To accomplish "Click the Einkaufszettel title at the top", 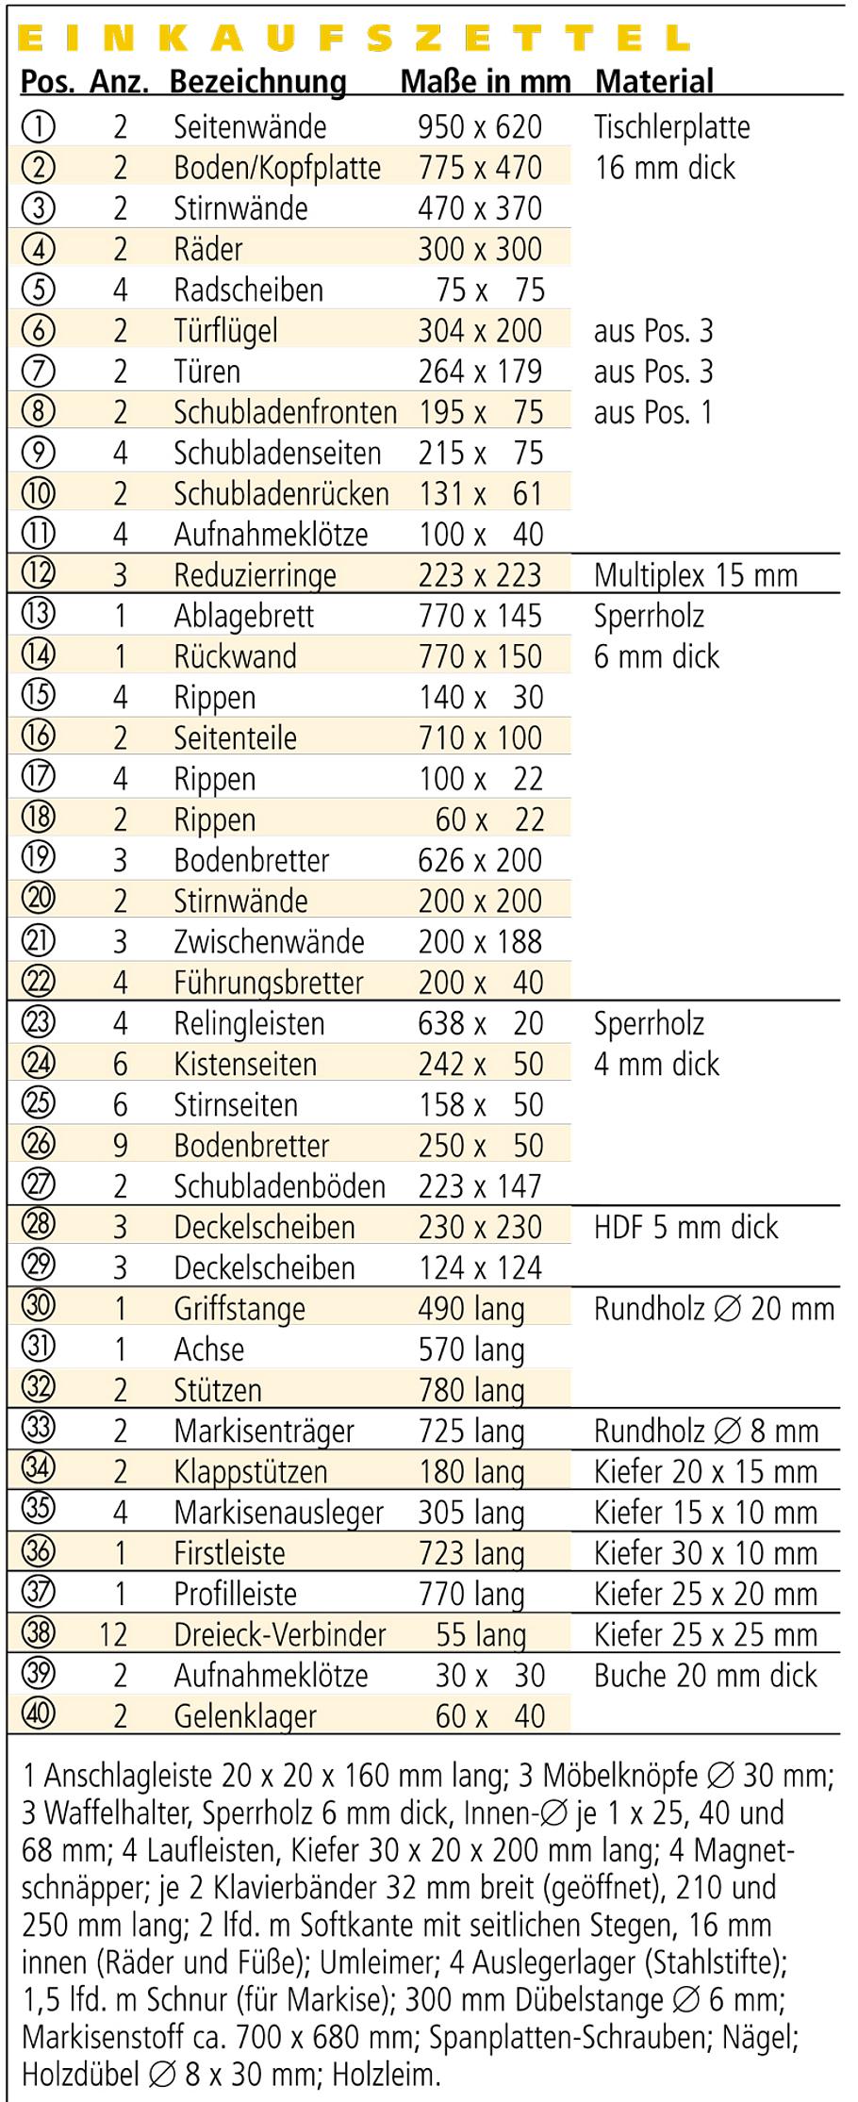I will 354,38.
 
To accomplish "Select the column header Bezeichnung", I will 257,82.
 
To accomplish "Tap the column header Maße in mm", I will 485,82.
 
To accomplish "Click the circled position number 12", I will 38,572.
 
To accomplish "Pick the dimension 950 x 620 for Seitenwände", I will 480,126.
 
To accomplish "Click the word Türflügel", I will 225,331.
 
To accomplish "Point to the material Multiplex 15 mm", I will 695,575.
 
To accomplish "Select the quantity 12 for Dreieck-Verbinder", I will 113,1634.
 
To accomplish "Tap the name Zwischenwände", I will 269,941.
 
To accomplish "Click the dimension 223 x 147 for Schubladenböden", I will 480,1185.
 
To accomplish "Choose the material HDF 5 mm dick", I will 685,1227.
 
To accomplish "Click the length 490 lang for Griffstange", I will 471,1309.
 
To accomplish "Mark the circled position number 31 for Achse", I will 38,1347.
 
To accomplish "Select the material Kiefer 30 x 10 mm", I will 705,1553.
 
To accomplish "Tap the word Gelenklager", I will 244,1716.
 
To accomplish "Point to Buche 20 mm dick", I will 705,1675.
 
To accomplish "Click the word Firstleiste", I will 229,1553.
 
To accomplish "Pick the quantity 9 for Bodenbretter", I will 120,1145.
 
